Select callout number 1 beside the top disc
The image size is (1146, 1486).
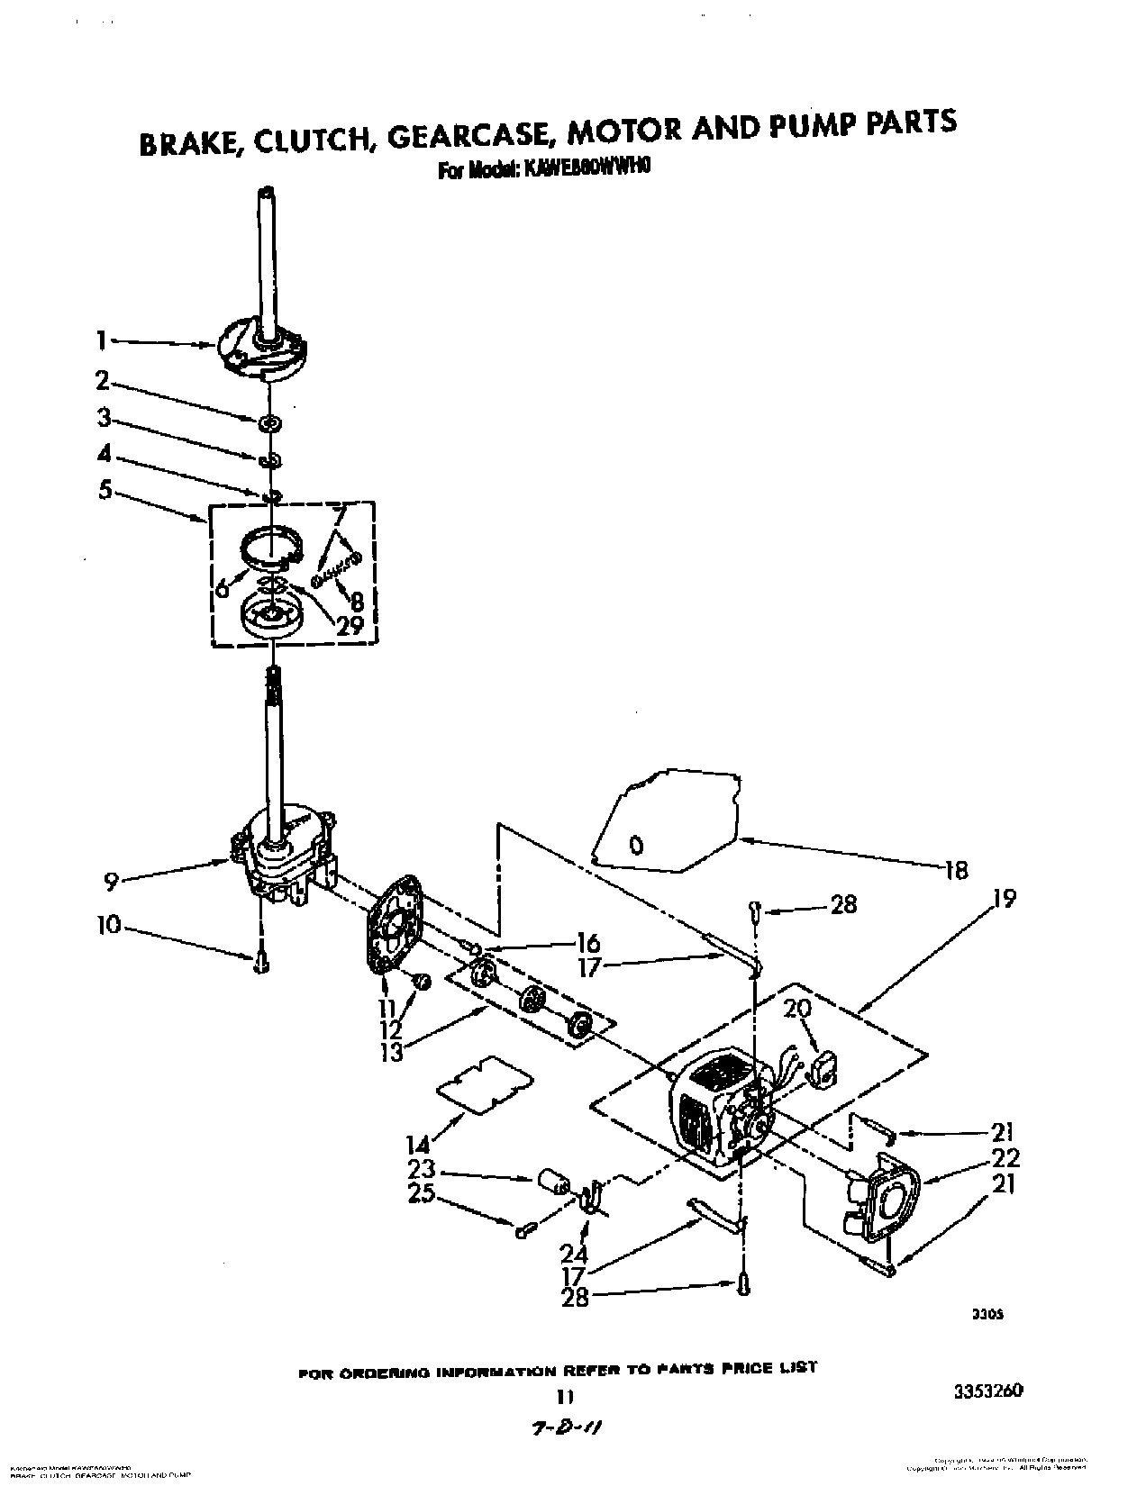[103, 340]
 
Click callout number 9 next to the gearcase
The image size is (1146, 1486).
[110, 881]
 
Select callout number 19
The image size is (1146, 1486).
[1005, 898]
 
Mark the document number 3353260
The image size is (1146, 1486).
[987, 1391]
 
